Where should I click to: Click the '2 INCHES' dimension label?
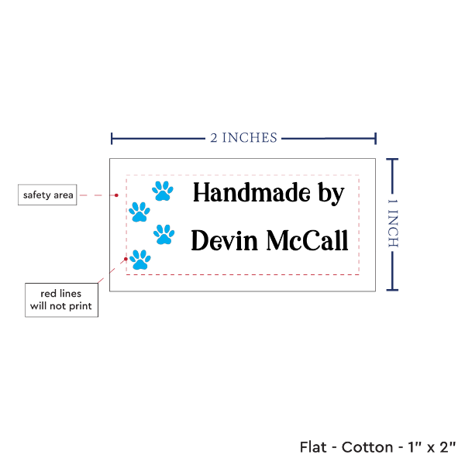coord(243,138)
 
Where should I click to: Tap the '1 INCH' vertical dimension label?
coord(392,222)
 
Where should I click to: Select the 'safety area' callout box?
coord(48,195)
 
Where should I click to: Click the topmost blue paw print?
coord(162,190)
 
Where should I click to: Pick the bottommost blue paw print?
coord(139,260)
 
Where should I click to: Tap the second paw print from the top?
coord(139,211)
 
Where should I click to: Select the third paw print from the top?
coord(164,233)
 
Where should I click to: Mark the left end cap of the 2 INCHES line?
coord(112,139)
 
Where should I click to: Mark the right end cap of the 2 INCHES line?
coord(376,139)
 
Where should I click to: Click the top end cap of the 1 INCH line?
coord(392,160)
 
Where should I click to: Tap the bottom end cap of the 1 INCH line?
coord(392,291)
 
